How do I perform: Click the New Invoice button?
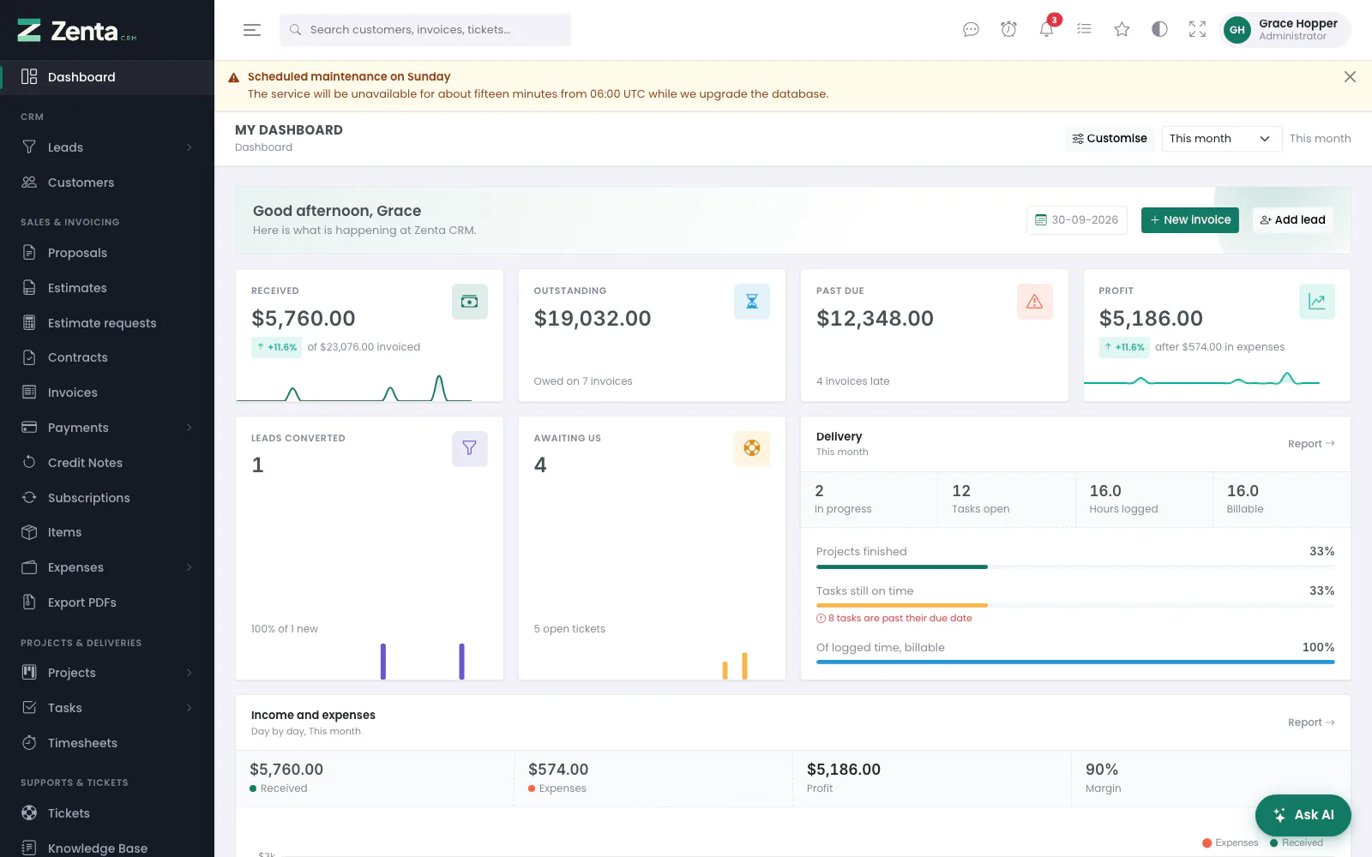[1189, 219]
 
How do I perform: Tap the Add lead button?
[1292, 219]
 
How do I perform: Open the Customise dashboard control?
[1110, 138]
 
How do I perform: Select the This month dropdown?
[1221, 138]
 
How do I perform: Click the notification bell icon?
[1046, 29]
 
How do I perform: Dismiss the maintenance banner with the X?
[1350, 76]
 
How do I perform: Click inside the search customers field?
[425, 29]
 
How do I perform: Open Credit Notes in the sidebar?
[85, 463]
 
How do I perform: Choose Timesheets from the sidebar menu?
[82, 742]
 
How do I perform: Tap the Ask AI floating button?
[1303, 815]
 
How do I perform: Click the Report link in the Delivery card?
[1311, 444]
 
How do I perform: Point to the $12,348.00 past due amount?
[875, 318]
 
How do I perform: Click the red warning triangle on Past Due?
[1034, 301]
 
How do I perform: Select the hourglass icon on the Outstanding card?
[751, 301]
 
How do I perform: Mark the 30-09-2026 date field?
[1076, 219]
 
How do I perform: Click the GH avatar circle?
[1237, 29]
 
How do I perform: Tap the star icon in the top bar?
[1122, 29]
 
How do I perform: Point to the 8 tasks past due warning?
[894, 618]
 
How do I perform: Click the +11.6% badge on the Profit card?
[1124, 347]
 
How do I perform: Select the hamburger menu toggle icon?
[252, 29]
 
